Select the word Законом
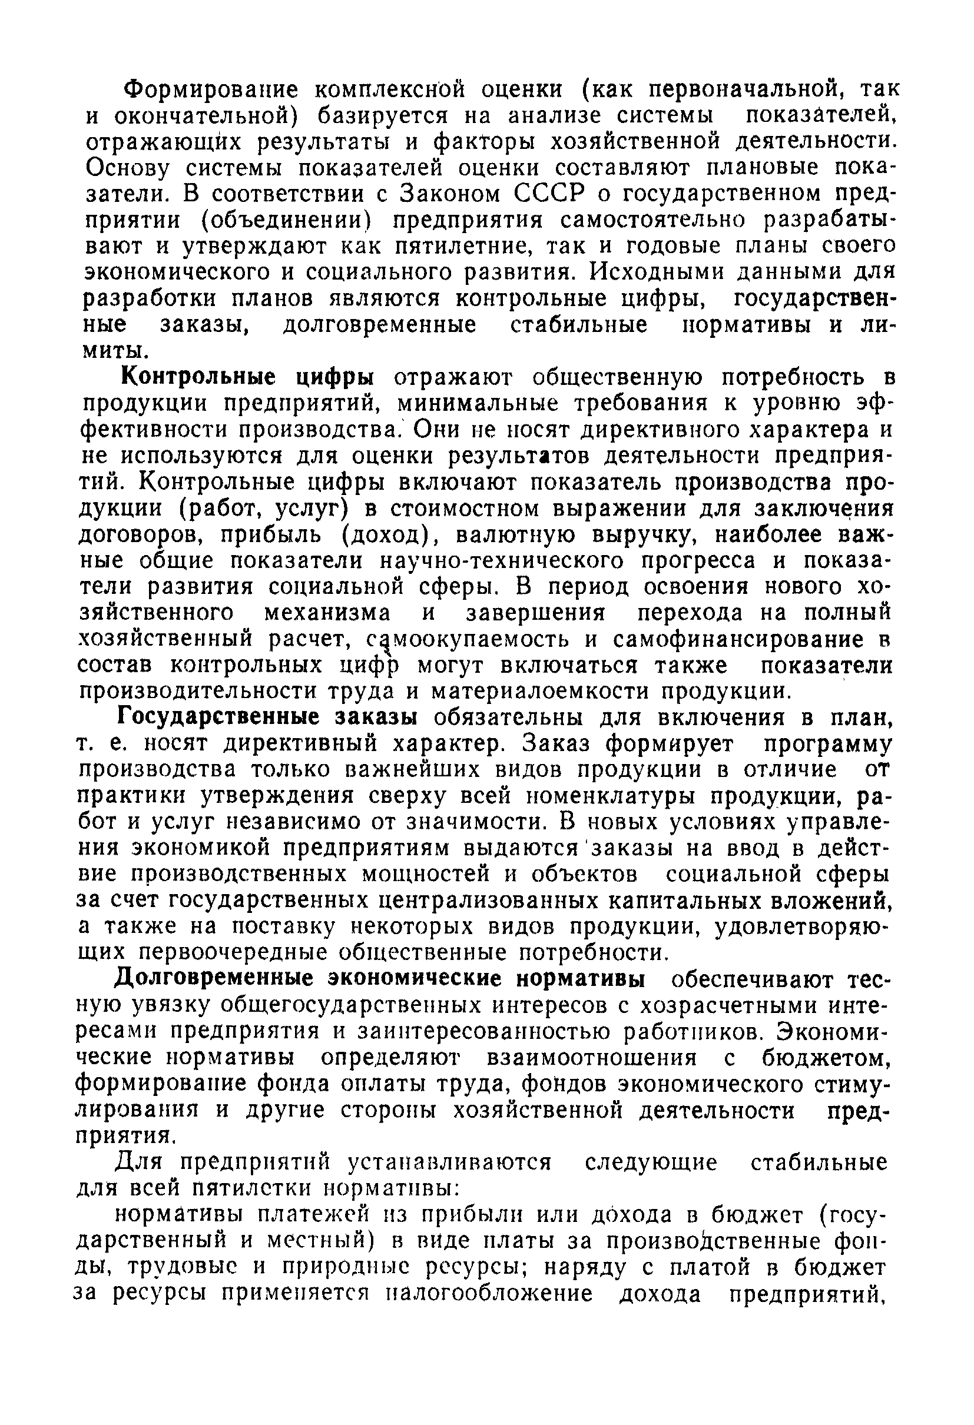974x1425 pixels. click(449, 194)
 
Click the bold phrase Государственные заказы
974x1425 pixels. click(268, 718)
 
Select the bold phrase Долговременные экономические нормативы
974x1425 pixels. click(381, 980)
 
